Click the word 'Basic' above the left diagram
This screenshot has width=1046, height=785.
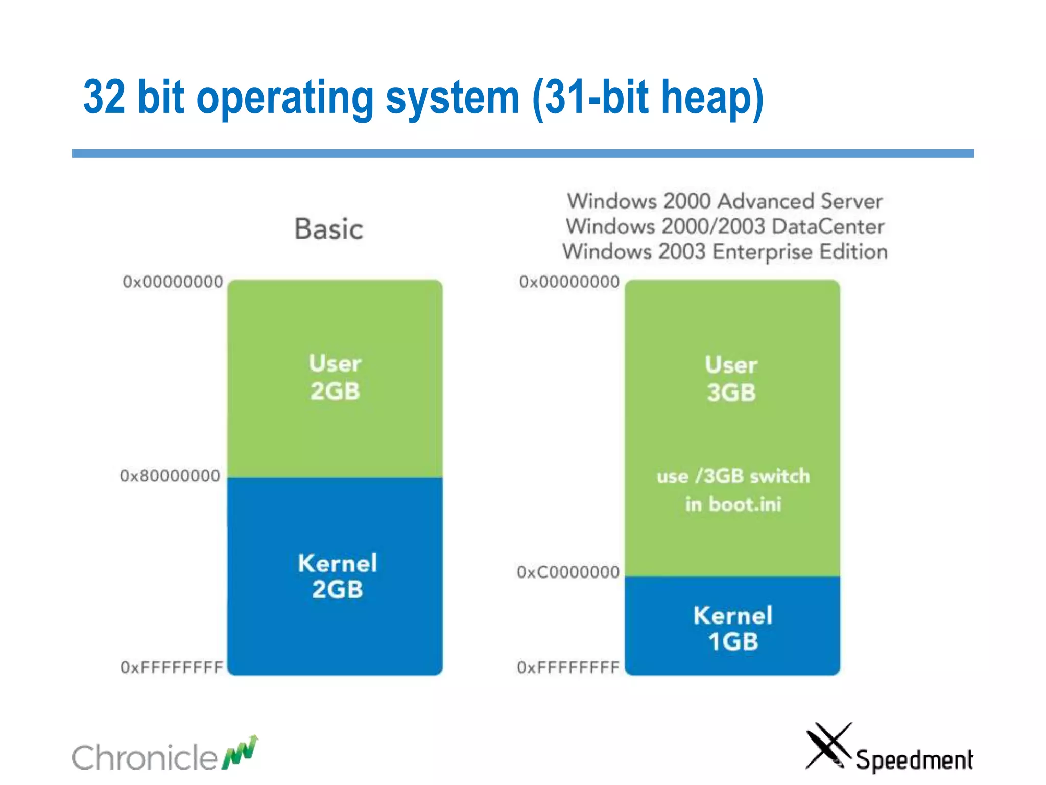pos(329,228)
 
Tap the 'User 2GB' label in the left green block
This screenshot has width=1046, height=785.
pos(335,377)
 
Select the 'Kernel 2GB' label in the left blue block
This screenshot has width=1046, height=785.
pos(338,576)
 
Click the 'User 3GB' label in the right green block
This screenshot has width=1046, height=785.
pos(731,379)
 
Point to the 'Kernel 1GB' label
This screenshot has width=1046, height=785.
pos(733,628)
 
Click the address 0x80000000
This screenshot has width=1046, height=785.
pos(170,476)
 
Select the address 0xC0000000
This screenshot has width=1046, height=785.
pos(568,572)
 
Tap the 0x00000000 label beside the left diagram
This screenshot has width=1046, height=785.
pos(173,282)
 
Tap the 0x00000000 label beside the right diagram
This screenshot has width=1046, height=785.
pos(569,282)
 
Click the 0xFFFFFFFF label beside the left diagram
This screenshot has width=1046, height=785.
pos(172,667)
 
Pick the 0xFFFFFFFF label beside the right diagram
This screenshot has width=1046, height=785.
pos(568,667)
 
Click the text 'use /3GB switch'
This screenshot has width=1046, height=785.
pos(733,476)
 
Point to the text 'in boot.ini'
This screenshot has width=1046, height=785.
pos(733,504)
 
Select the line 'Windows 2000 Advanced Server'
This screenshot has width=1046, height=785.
pos(725,201)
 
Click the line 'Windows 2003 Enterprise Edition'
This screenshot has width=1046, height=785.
pos(725,251)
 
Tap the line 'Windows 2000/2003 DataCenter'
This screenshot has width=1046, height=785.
pos(725,226)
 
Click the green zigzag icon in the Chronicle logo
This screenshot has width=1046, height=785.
pos(240,752)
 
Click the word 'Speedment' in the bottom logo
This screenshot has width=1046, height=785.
pos(914,760)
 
